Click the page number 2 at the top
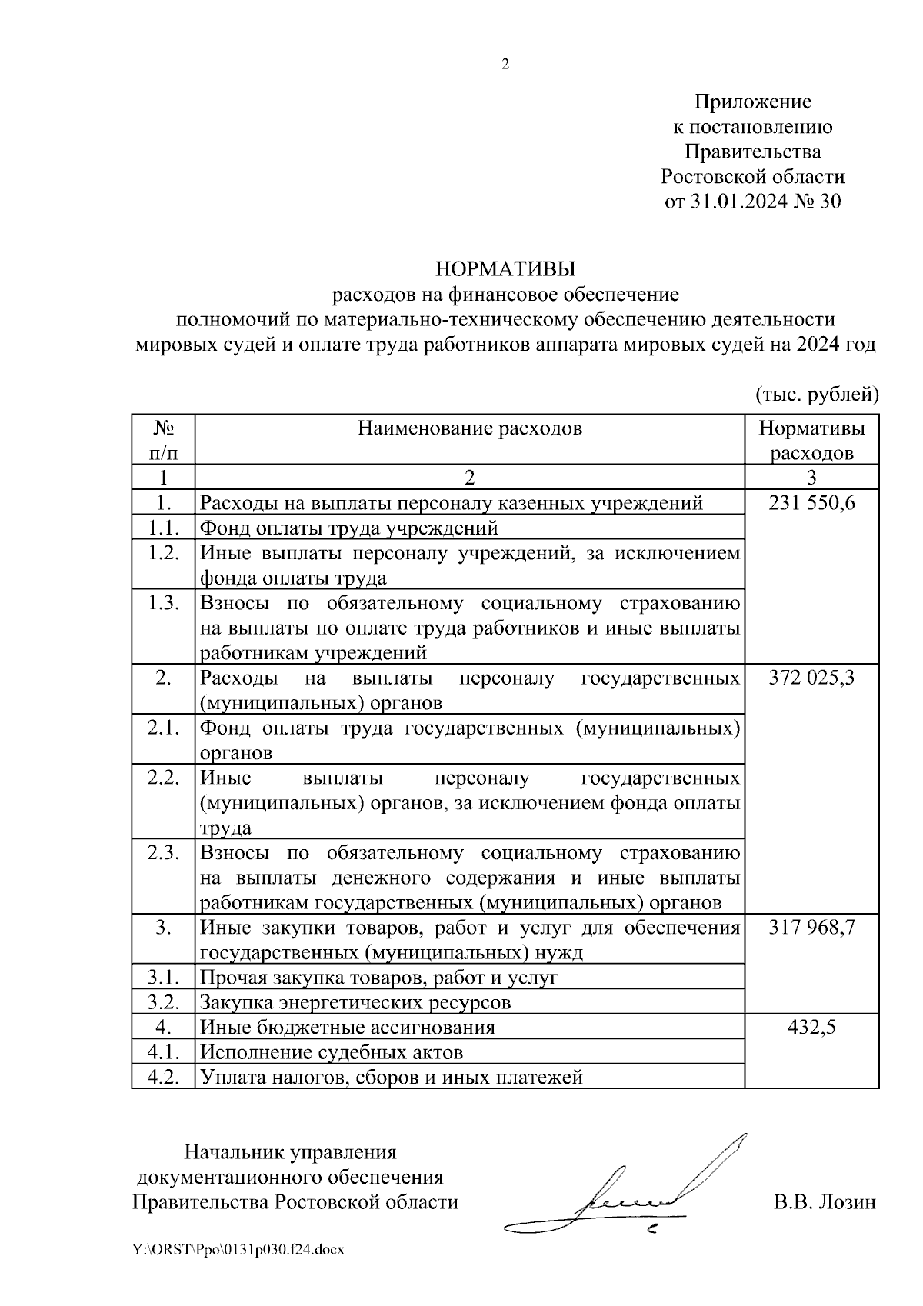505,65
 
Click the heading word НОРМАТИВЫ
505,268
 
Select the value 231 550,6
811,503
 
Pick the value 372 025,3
811,678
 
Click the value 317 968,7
811,928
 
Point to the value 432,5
811,1027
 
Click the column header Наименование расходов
470,428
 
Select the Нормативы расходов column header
811,440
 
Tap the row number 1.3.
163,603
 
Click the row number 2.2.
163,778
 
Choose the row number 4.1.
163,1051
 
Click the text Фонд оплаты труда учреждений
349,528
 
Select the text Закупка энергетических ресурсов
355,1002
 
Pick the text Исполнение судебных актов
332,1051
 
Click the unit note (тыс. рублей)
816,395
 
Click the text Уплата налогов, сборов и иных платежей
392,1077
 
